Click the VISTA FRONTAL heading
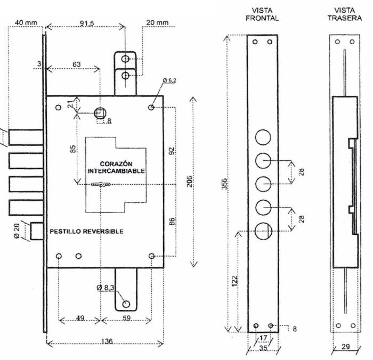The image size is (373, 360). tap(262, 14)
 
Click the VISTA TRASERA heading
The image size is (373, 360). tap(344, 14)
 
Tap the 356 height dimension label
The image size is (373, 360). tap(224, 184)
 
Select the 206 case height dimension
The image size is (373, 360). tap(189, 182)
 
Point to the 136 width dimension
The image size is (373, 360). tap(107, 341)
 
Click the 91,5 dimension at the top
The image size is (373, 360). tap(87, 23)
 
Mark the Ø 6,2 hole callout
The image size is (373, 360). tap(169, 80)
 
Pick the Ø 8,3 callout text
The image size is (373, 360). tap(106, 288)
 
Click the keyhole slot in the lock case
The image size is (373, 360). tap(101, 184)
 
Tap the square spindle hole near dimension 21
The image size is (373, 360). tap(100, 113)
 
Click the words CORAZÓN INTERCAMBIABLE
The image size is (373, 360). tap(116, 167)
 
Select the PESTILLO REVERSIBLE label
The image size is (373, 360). tap(86, 231)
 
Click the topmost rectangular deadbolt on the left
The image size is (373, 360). tap(26, 137)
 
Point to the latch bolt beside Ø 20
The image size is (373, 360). tap(37, 231)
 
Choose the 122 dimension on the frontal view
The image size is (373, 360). tap(235, 281)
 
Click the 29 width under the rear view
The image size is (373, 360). tap(346, 347)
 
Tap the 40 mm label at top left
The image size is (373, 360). tap(26, 23)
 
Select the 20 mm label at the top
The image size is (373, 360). tap(157, 22)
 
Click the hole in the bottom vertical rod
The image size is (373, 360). tap(126, 304)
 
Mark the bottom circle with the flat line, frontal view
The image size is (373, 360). tap(263, 231)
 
